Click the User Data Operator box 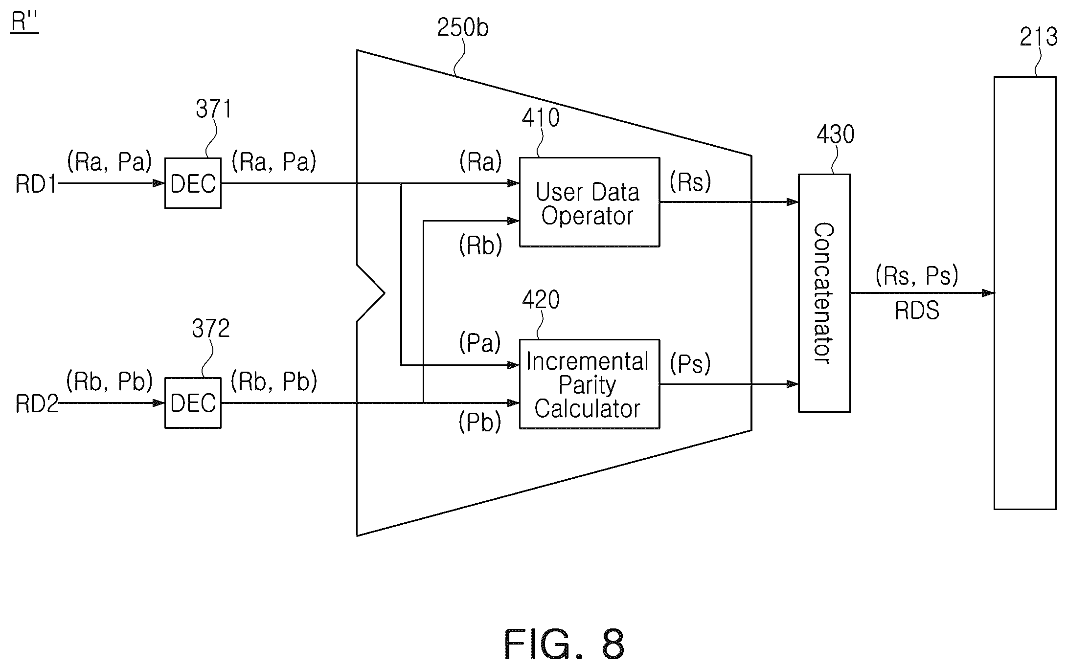click(x=589, y=202)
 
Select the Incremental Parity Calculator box click(x=589, y=384)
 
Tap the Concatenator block click(x=824, y=293)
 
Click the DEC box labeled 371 click(x=193, y=183)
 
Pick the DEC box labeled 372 click(x=193, y=403)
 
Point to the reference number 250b click(x=463, y=28)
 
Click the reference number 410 click(x=541, y=118)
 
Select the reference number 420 click(x=541, y=300)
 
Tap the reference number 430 click(x=836, y=134)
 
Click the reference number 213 click(x=1038, y=37)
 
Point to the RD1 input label click(x=37, y=184)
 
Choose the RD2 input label click(x=37, y=404)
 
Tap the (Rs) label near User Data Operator click(x=690, y=182)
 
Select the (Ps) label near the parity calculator click(x=690, y=364)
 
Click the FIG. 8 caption click(x=564, y=645)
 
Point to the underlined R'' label click(x=24, y=22)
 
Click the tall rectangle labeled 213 click(x=1025, y=292)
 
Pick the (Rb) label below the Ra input click(x=480, y=245)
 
